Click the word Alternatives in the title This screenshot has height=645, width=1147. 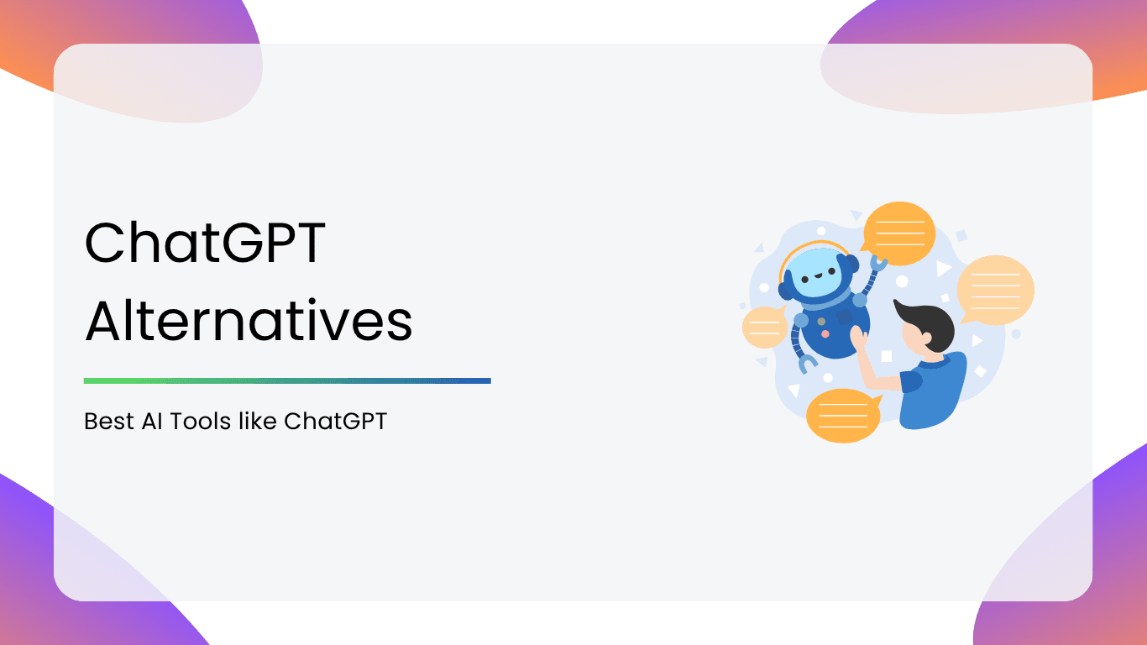click(x=249, y=320)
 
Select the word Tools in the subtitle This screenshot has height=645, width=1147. click(x=200, y=422)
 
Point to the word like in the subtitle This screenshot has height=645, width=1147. click(x=258, y=421)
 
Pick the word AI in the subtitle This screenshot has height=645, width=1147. click(x=152, y=422)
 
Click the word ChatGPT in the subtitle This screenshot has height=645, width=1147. click(x=335, y=422)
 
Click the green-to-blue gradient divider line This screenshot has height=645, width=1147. click(x=287, y=380)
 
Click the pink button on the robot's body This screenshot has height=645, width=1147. click(x=825, y=334)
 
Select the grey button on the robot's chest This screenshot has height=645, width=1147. click(x=821, y=321)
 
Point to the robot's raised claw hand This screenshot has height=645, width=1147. click(x=878, y=263)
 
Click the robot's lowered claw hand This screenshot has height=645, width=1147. click(x=808, y=364)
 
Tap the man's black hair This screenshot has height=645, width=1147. click(x=928, y=322)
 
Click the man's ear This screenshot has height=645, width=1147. click(x=925, y=338)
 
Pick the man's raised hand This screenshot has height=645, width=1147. click(x=859, y=338)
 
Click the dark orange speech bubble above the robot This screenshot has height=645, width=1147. click(x=898, y=233)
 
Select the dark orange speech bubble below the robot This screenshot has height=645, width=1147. click(x=844, y=416)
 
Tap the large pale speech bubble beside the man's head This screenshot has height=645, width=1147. click(x=994, y=290)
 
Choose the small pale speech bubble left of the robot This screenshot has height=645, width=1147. click(x=764, y=327)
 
